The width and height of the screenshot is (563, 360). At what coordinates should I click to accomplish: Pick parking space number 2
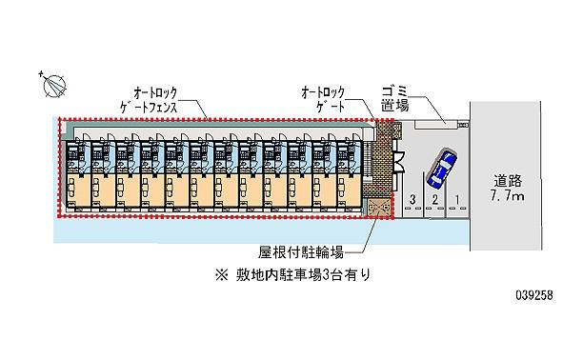(434, 200)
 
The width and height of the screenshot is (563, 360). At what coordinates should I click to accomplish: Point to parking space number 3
(412, 200)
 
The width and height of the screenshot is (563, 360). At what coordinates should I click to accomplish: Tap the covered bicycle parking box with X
(378, 209)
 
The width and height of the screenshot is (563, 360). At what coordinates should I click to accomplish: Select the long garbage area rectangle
(434, 123)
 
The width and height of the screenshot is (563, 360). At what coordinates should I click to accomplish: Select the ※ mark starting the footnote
(221, 274)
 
